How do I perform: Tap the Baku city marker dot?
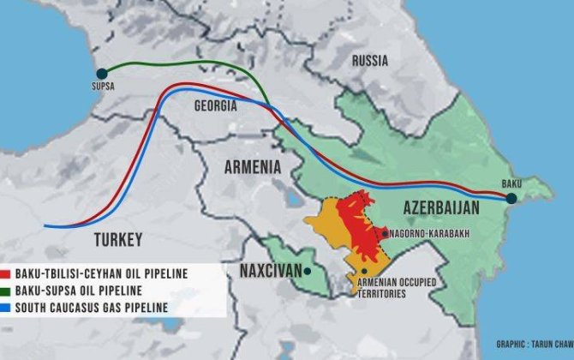click(511, 198)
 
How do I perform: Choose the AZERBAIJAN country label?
click(440, 208)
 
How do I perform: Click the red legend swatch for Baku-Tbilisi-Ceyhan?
click(7, 273)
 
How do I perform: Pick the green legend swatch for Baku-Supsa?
click(7, 291)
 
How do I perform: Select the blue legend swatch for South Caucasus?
click(7, 308)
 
